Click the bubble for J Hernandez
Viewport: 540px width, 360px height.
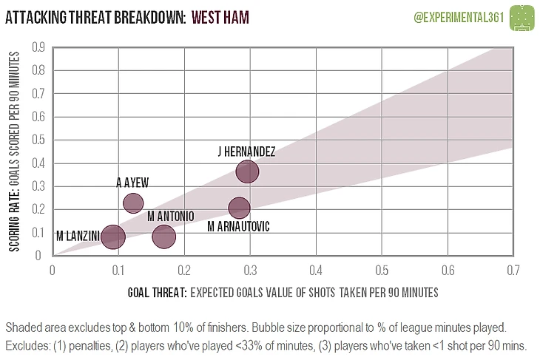[x=248, y=171]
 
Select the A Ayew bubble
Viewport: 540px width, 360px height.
[x=132, y=203]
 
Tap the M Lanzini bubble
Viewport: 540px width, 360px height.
[x=112, y=237]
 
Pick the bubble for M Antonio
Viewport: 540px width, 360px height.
[x=163, y=237]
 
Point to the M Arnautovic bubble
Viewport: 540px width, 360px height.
[x=239, y=208]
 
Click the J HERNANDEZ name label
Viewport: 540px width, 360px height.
[x=247, y=152]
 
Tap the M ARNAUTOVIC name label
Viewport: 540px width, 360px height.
[x=238, y=226]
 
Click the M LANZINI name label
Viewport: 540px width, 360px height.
[x=78, y=237]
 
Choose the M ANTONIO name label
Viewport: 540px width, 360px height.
[x=170, y=217]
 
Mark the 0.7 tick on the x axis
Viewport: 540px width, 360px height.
[x=512, y=271]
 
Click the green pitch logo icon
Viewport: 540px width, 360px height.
[x=524, y=16]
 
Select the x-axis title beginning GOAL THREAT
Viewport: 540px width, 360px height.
[x=282, y=293]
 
